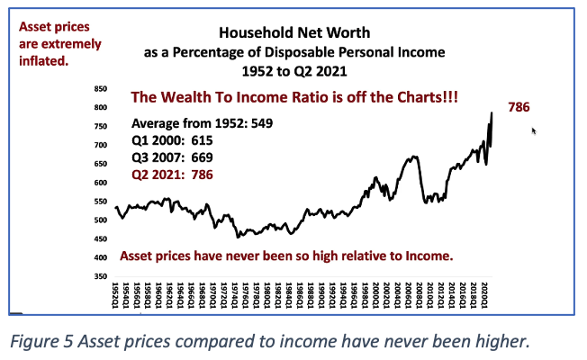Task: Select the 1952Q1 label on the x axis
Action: point(114,296)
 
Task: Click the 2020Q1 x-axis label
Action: point(484,296)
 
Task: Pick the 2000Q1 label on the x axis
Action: point(375,296)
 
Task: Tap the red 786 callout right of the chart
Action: point(519,107)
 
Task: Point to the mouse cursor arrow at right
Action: point(534,130)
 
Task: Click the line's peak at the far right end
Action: point(492,113)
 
